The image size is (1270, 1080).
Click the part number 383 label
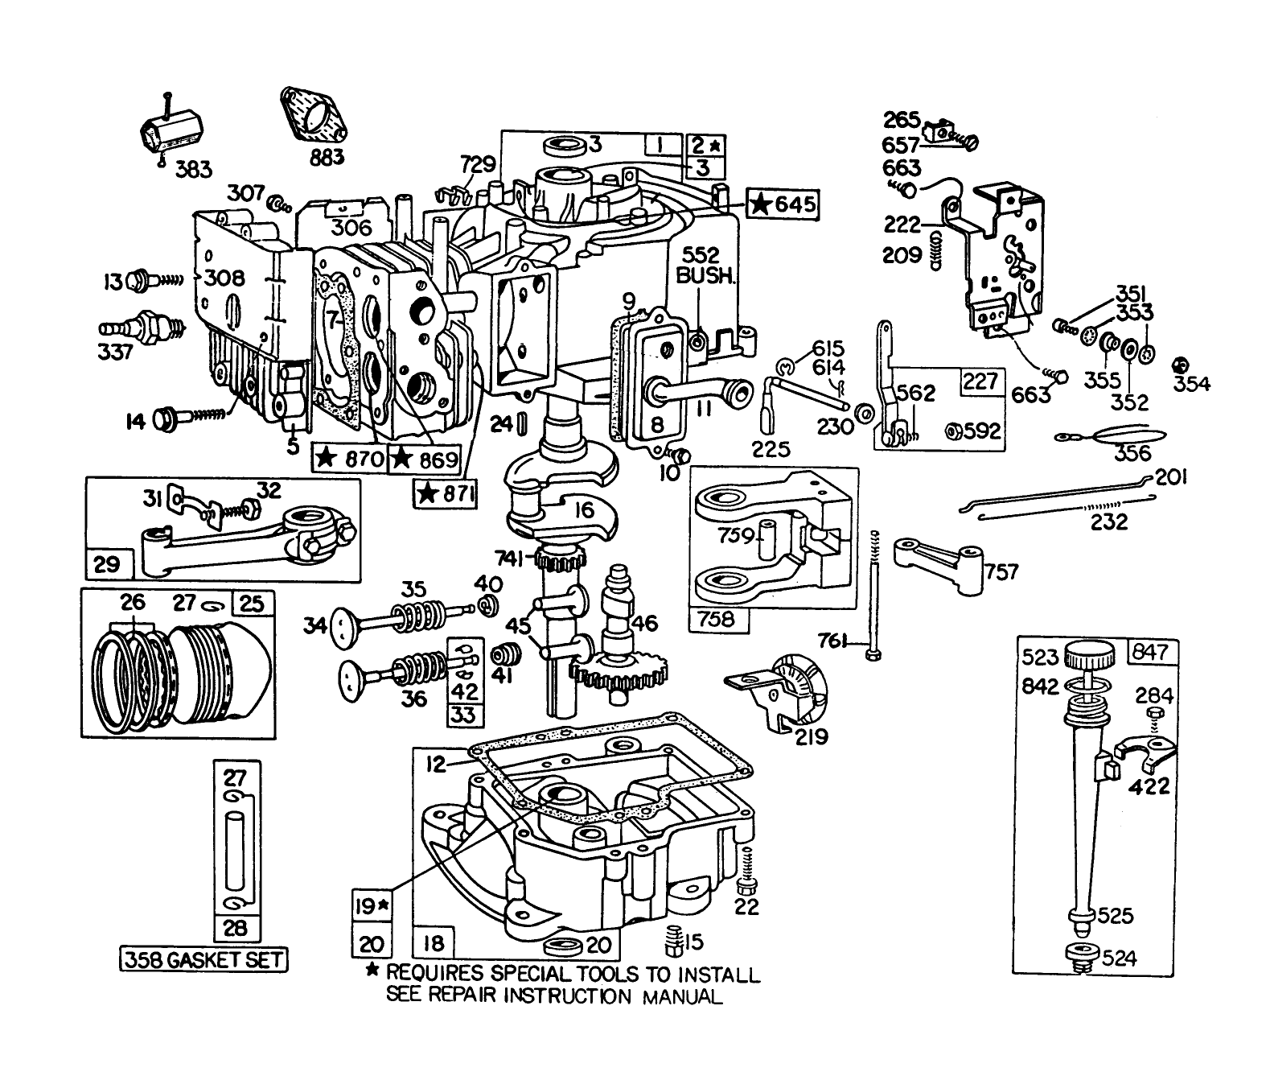click(x=194, y=169)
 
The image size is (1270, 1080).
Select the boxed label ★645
click(x=783, y=204)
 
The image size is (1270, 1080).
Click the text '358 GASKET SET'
click(x=203, y=959)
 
